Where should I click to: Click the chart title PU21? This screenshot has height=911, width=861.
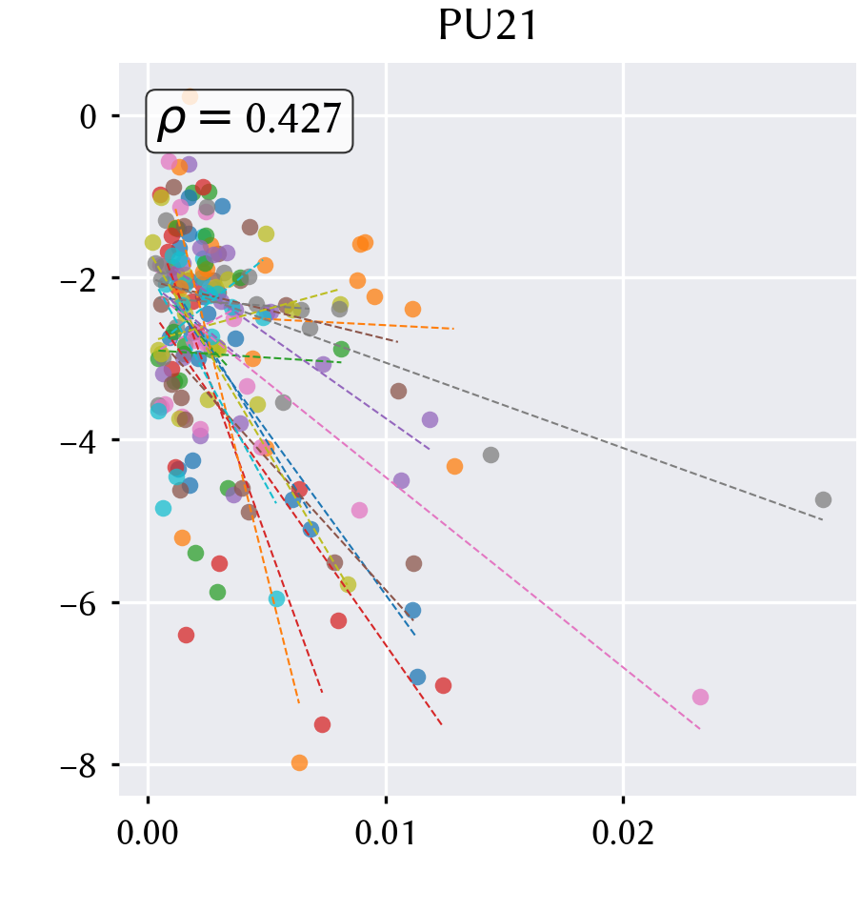488,26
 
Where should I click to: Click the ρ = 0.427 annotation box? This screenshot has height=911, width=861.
250,121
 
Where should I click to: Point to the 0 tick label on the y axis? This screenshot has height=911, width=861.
88,117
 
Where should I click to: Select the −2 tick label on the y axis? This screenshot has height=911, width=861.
78,280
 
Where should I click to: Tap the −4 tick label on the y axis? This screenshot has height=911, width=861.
78,442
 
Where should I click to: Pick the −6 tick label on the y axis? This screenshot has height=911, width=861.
78,604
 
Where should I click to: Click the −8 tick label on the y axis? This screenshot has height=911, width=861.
78,766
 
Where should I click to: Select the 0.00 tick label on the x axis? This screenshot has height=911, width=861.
148,833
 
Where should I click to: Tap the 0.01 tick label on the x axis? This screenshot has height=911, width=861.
386,833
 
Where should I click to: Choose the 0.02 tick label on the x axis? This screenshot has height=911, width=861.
623,833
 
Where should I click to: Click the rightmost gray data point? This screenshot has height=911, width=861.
823,499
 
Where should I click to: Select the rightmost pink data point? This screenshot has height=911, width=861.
700,697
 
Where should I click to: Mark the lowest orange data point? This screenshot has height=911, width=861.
299,763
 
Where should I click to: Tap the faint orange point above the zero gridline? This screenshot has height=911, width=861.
190,96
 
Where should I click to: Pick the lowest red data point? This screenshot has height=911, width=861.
322,724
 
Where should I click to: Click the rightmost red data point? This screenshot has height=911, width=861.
443,685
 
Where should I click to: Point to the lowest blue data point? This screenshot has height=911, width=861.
417,677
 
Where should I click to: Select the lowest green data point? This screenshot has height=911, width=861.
217,593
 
